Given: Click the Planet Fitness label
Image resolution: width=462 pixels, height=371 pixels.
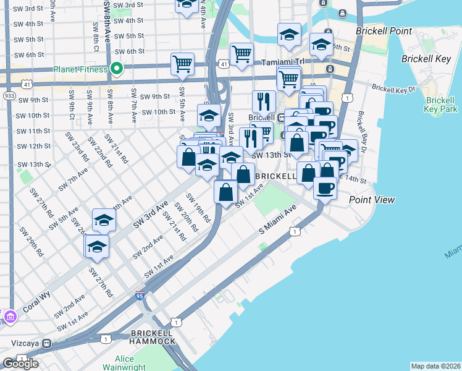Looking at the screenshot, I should [x=81, y=69].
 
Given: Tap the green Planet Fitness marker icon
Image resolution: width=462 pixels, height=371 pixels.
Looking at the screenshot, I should [x=115, y=69].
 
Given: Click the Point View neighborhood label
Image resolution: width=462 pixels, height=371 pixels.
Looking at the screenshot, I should [x=371, y=200].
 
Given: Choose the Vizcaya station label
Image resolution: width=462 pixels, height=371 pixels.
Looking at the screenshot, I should [x=25, y=341].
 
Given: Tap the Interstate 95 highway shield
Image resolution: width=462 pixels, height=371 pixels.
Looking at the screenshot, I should [x=140, y=296].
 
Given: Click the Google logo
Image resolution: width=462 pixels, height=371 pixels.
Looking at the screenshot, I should [x=20, y=363].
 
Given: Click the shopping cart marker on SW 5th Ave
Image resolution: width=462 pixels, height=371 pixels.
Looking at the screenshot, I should [x=183, y=64].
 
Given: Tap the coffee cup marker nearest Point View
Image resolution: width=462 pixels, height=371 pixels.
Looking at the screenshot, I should [x=325, y=187].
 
